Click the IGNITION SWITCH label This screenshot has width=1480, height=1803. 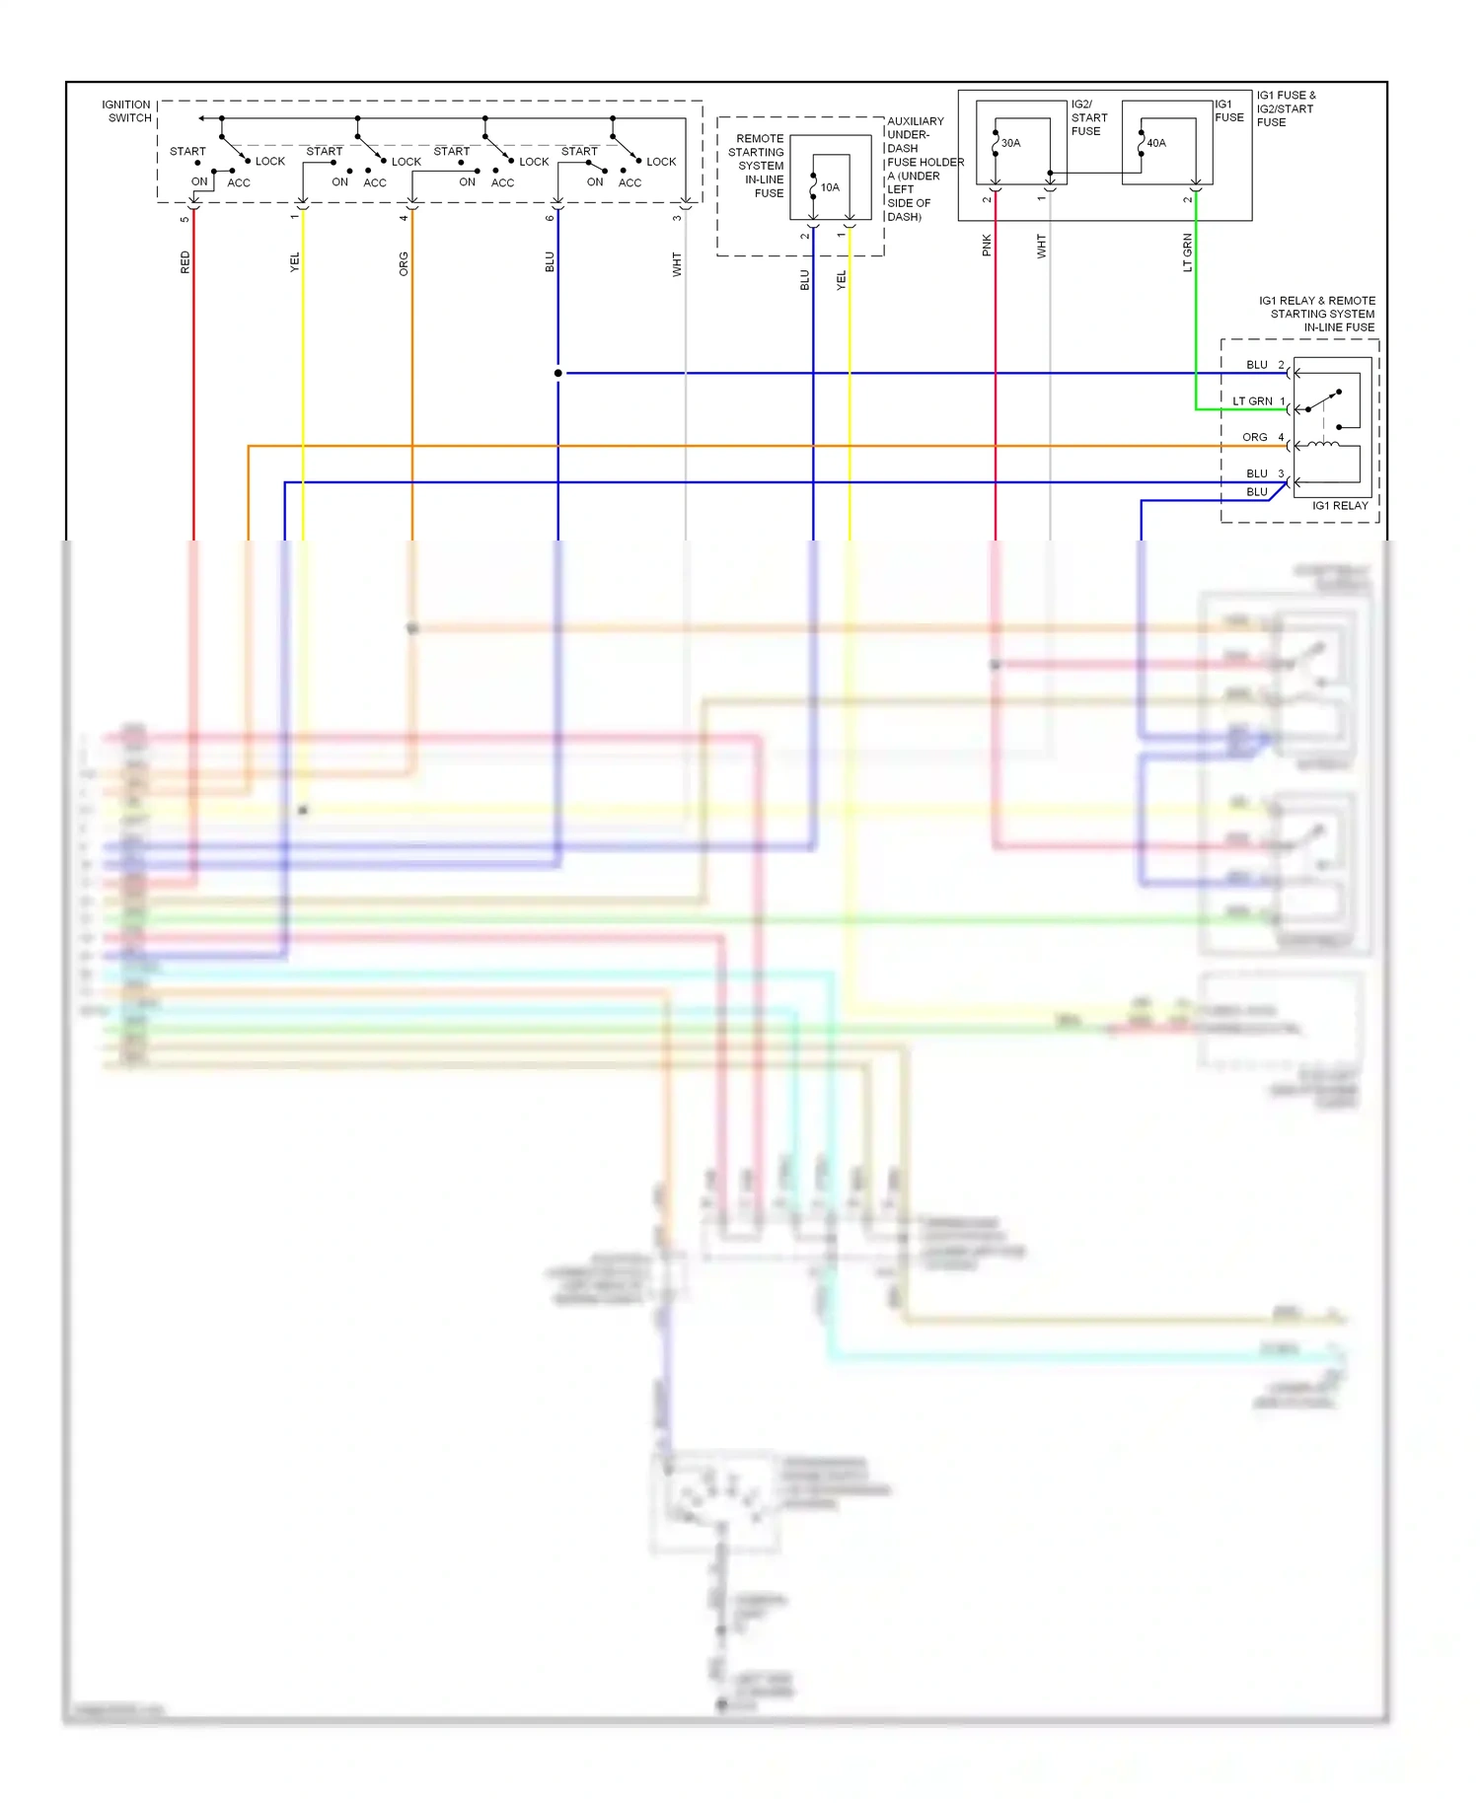click(x=127, y=110)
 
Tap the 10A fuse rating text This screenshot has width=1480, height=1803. click(x=830, y=187)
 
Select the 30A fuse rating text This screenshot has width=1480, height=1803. click(x=1010, y=143)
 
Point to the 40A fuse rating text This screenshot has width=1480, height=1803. click(x=1155, y=143)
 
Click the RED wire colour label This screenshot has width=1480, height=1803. click(x=185, y=262)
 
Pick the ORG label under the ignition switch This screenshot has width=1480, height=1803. click(x=404, y=263)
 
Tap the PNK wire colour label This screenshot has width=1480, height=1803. click(x=987, y=246)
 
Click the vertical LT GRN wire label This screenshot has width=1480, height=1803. click(x=1188, y=252)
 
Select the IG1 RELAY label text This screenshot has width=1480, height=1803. click(x=1340, y=506)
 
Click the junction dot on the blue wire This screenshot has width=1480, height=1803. click(x=558, y=373)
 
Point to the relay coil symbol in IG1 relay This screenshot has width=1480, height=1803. click(x=1323, y=446)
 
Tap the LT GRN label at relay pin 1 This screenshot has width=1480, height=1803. click(x=1252, y=401)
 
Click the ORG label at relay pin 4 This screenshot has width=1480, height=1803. click(x=1255, y=437)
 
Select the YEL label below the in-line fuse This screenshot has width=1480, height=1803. click(x=842, y=280)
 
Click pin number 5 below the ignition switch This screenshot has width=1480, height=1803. click(x=185, y=219)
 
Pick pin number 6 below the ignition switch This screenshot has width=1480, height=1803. click(x=550, y=218)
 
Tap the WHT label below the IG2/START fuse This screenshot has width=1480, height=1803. click(x=1041, y=246)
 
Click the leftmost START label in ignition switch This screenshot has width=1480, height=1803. click(x=187, y=152)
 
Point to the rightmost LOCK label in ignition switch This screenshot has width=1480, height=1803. click(x=661, y=162)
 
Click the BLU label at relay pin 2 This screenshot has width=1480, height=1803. click(x=1257, y=365)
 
